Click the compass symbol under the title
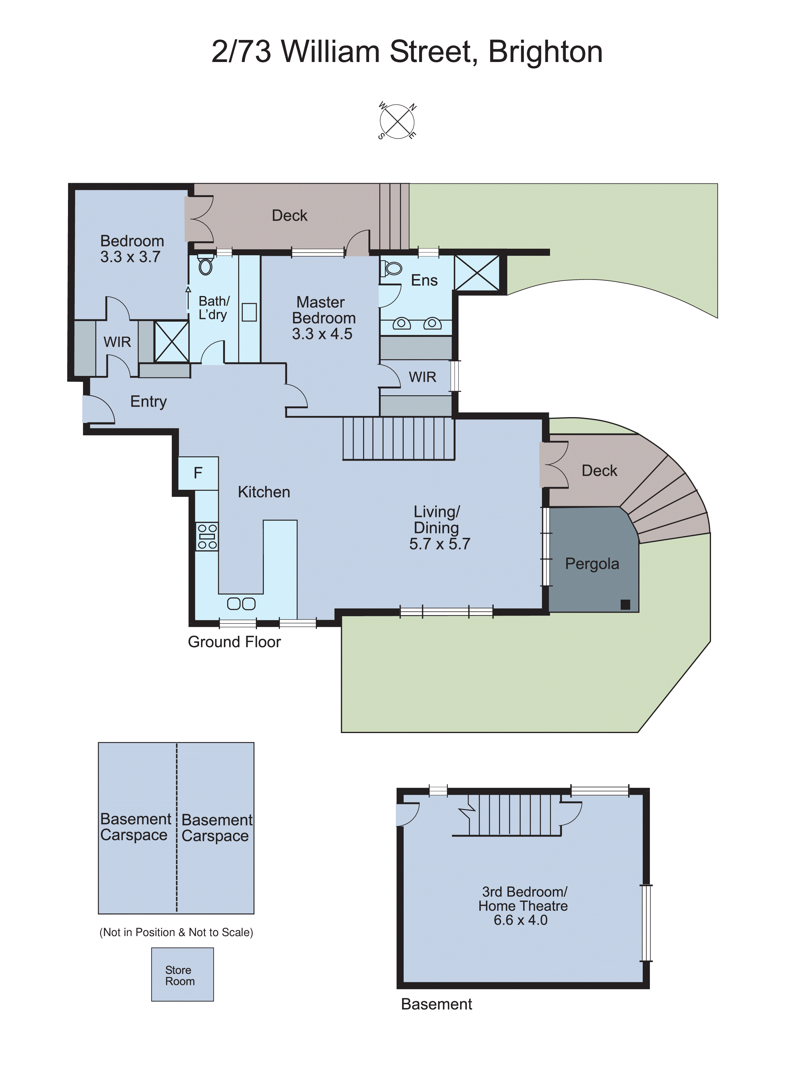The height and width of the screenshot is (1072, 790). click(397, 121)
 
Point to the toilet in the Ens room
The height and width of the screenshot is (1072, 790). click(392, 269)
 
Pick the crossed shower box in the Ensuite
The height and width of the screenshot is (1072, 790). click(477, 272)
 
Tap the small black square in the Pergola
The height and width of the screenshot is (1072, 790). click(625, 604)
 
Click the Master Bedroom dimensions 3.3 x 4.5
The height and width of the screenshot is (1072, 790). click(322, 334)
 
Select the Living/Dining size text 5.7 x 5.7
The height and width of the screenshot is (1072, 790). click(439, 544)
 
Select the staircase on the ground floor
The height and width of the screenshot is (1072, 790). click(398, 439)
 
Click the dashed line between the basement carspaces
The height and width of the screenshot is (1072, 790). click(176, 827)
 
